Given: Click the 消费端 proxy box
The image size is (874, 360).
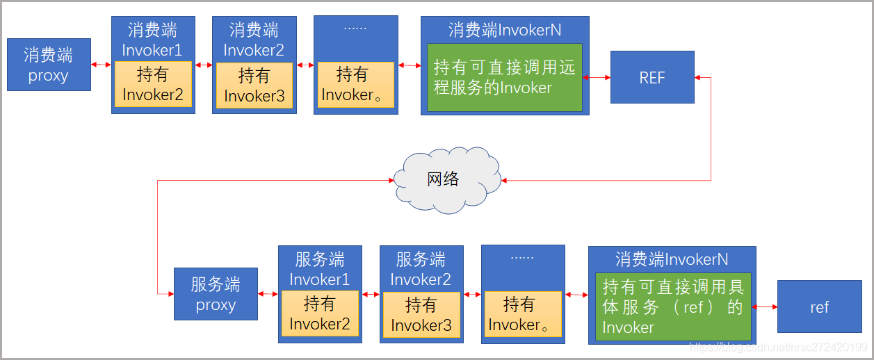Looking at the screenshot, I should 49,65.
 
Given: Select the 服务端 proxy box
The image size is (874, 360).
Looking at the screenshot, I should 216,294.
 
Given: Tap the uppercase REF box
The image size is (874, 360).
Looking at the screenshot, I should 652,77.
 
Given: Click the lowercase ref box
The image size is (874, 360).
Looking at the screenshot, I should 819,306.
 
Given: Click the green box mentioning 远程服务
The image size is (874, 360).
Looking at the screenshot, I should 504,77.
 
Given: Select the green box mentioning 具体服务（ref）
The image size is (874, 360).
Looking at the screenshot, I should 672,306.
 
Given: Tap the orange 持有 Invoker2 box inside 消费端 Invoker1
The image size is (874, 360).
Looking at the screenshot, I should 153,85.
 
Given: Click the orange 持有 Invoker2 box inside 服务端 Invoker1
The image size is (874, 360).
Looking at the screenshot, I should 320,314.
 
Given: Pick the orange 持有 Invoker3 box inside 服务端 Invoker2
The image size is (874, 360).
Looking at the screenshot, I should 421,315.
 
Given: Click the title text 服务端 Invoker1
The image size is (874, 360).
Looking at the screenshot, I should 320,270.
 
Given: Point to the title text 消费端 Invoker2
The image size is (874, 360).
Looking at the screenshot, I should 254,40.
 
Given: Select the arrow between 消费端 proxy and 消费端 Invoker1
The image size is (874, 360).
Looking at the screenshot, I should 101,65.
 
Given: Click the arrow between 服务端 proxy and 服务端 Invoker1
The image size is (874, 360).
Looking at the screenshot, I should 268,294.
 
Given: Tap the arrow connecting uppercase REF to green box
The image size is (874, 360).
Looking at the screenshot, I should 597,77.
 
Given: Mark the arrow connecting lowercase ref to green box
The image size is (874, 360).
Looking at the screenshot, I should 765,306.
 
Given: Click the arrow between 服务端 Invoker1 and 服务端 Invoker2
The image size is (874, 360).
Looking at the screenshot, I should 371,294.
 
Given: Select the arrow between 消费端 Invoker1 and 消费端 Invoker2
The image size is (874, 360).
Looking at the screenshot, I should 204,65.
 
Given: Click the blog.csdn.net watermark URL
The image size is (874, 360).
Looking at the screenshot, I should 777,347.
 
